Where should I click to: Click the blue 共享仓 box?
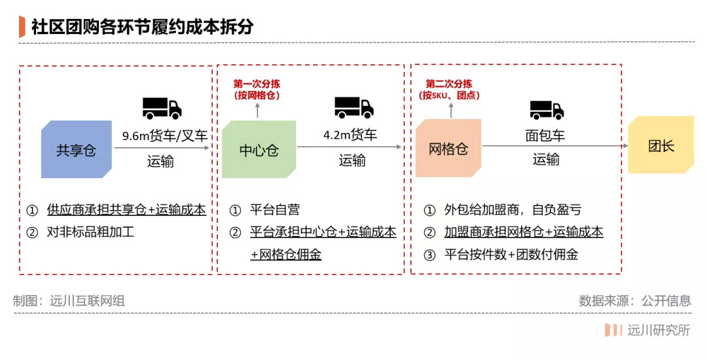(x=76, y=150)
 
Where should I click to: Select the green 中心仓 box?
(x=259, y=150)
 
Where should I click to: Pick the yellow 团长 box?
(x=661, y=145)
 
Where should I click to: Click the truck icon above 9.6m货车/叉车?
(x=162, y=107)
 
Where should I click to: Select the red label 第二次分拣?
(x=449, y=84)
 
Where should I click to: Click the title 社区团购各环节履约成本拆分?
(x=142, y=27)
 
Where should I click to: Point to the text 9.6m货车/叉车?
(x=165, y=136)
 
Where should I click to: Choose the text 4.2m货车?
(x=350, y=135)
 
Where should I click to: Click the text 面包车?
(x=545, y=136)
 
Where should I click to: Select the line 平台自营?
(x=275, y=210)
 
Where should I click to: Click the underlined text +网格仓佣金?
(x=285, y=255)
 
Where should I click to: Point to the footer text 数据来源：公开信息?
(x=634, y=301)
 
